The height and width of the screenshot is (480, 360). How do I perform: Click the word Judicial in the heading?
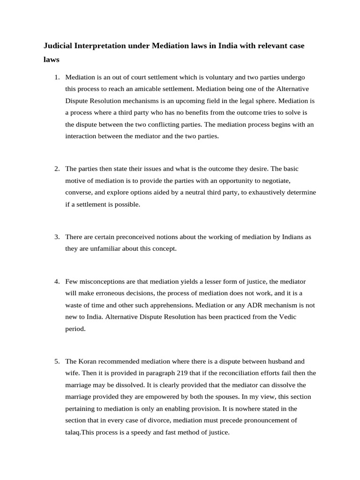[58, 46]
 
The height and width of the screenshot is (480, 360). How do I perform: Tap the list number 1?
[57, 77]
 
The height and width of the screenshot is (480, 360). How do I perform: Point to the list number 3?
[57, 237]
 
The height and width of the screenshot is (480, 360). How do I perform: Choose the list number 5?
[57, 361]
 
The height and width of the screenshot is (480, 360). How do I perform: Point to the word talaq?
[74, 432]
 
